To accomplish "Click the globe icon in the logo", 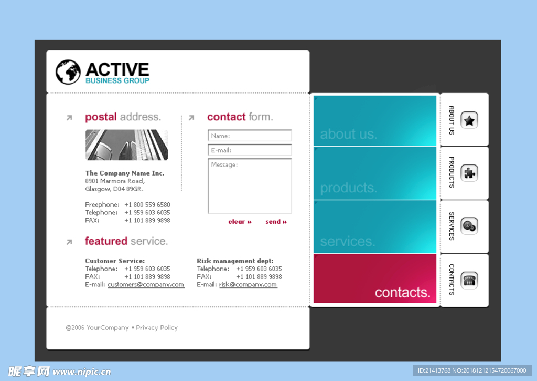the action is [68, 72].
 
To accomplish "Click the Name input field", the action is [250, 136].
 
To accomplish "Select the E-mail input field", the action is [250, 150].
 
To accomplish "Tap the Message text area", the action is [250, 186].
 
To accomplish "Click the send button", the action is [276, 222].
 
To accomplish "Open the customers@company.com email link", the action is [146, 284].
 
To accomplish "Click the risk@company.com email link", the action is [248, 284].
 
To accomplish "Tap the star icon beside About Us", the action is [469, 120].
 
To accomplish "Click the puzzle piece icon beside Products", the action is [469, 173].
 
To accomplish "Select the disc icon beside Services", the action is [469, 226].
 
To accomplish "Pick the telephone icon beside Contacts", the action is [469, 280].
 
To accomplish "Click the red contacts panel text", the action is [402, 292].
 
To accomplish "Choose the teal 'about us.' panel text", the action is [349, 134].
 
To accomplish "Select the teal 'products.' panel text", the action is [349, 188].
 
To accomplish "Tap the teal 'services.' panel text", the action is [348, 241].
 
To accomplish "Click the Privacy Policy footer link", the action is [157, 328].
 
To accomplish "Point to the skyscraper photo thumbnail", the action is [127, 145].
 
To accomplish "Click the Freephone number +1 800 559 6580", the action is [147, 204].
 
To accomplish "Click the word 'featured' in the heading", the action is [106, 241].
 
